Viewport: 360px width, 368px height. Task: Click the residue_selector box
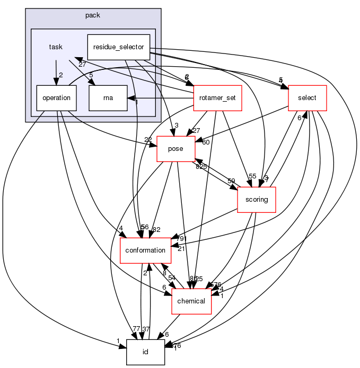[118, 47]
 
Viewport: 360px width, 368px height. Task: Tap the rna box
[108, 98]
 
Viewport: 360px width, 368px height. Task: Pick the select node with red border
[306, 98]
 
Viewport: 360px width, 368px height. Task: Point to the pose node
[175, 149]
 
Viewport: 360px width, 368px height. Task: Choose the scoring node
[257, 200]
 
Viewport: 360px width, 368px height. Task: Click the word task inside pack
[56, 47]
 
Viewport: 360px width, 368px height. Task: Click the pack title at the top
[93, 15]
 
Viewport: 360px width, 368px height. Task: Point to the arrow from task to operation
[56, 69]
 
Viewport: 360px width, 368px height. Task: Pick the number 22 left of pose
[148, 140]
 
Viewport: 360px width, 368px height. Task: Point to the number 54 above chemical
[172, 278]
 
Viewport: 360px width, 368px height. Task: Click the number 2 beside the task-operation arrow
[61, 75]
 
